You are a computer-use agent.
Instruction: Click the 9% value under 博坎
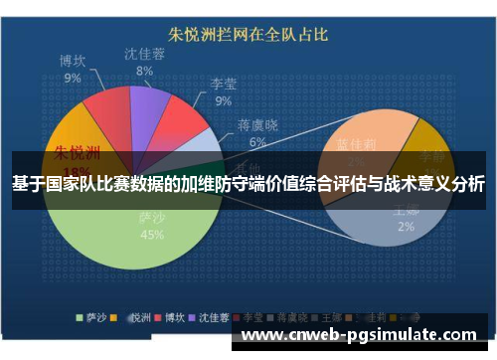(73, 78)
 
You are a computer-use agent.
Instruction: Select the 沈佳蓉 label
(145, 54)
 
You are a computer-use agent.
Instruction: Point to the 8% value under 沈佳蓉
(145, 71)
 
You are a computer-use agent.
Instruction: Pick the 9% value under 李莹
(223, 100)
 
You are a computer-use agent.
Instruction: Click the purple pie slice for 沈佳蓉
(148, 105)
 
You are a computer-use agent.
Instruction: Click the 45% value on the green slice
(152, 236)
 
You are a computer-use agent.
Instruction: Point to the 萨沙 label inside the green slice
(152, 218)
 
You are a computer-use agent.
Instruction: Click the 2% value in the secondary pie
(406, 227)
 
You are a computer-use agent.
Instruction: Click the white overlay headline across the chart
(248, 184)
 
